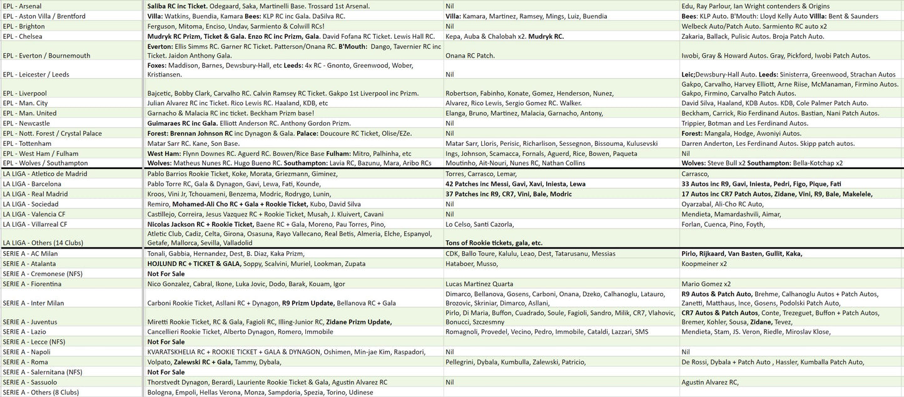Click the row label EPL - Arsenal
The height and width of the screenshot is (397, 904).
coord(23,6)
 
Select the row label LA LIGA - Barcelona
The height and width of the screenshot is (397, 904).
coord(32,184)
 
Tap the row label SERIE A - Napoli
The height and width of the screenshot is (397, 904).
coord(26,352)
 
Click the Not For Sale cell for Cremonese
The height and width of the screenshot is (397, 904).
coord(166,274)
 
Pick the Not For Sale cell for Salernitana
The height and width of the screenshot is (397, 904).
coord(166,372)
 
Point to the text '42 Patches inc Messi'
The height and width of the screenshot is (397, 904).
coord(475,184)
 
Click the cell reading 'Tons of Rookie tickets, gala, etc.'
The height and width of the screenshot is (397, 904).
coord(494,243)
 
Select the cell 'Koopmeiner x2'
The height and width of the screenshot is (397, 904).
coord(704,264)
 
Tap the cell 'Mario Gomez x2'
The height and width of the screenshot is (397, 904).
coord(706,284)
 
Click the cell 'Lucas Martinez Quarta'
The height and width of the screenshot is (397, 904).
coord(479,284)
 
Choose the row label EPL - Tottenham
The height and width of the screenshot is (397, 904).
coord(27,143)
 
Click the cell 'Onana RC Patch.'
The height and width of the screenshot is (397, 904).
coord(470,56)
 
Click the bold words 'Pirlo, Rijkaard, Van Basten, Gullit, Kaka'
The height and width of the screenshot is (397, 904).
coord(741,254)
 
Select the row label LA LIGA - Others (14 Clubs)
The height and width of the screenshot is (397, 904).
coord(43,243)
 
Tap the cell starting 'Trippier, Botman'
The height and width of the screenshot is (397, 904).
coord(744,123)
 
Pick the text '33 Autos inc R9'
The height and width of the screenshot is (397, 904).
coord(706,184)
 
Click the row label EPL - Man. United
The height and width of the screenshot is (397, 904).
coord(29,113)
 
